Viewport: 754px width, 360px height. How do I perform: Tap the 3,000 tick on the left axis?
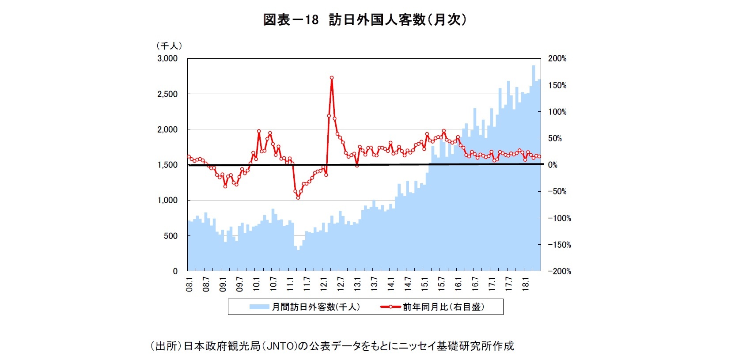(167, 58)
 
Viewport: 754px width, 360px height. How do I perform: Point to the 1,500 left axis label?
(167, 165)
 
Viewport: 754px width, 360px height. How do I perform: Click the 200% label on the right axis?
(557, 58)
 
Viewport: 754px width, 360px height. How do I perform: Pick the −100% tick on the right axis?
(559, 218)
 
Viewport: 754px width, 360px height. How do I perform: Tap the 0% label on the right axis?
(553, 165)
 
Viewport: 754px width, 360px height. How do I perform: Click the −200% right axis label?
(559, 271)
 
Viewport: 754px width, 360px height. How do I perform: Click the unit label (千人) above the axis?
(169, 45)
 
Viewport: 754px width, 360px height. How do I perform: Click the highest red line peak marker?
(332, 78)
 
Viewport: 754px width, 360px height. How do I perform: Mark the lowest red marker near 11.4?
(298, 197)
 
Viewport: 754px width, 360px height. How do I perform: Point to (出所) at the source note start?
(166, 346)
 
